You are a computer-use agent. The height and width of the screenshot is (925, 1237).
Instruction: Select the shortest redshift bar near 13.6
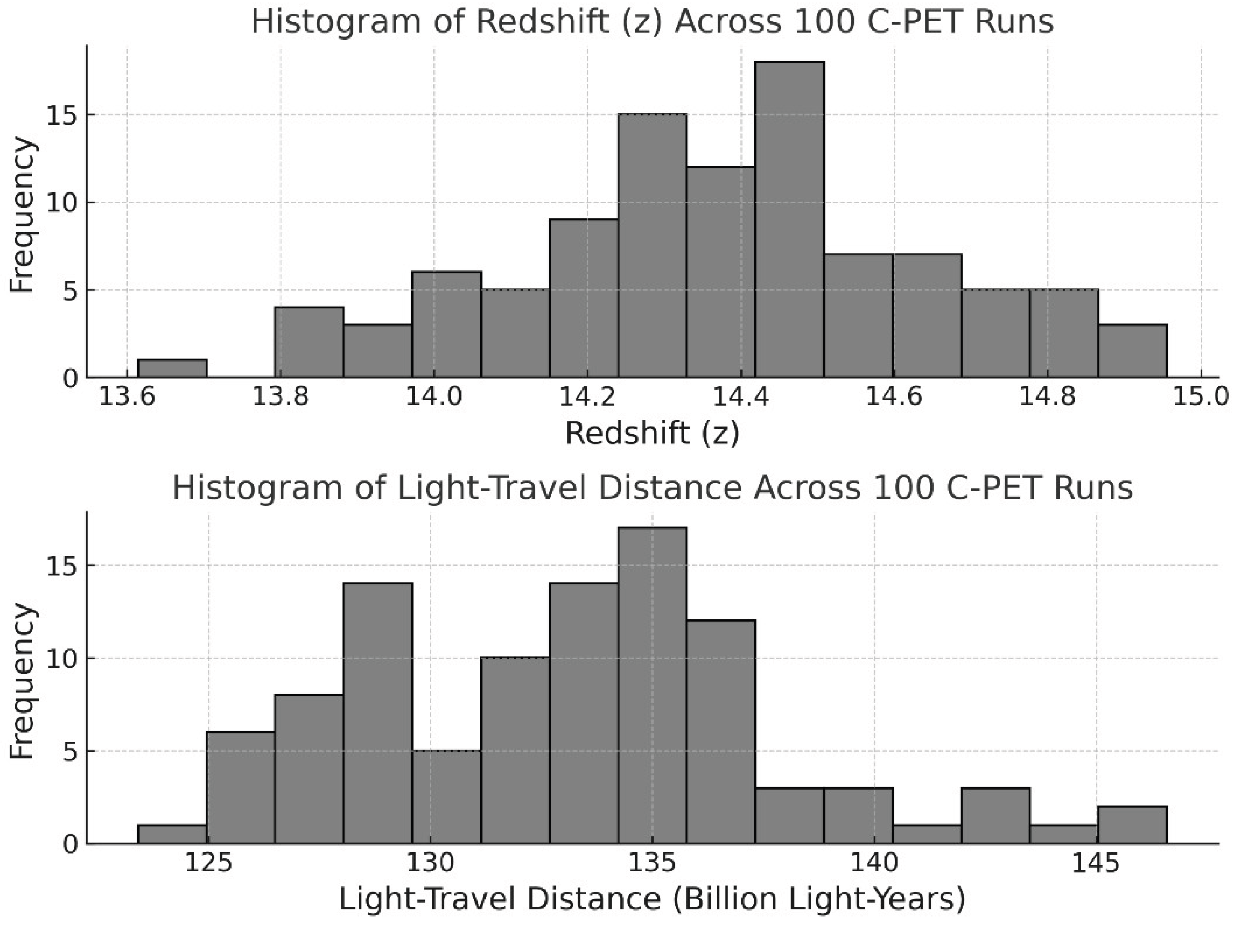tap(172, 369)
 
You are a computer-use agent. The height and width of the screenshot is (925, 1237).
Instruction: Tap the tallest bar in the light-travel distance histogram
tap(652, 685)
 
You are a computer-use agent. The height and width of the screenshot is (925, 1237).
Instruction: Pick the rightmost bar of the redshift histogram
tap(1133, 351)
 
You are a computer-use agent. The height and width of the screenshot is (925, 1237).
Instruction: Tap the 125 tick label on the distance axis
tap(208, 863)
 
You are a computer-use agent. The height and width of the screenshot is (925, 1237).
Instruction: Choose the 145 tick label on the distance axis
tap(1096, 863)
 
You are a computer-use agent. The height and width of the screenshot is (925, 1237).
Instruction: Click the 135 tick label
tap(652, 863)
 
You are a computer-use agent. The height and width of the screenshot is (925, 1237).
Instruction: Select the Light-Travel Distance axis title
tap(652, 900)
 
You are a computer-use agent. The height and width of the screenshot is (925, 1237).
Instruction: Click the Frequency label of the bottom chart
tap(22, 681)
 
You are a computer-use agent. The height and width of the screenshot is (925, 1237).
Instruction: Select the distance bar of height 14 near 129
tap(378, 713)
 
